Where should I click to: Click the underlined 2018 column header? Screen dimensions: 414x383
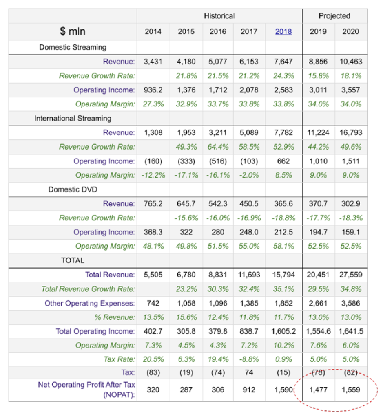pyautogui.click(x=283, y=32)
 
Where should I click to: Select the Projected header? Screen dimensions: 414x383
pyautogui.click(x=334, y=16)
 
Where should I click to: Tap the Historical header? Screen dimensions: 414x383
pyautogui.click(x=219, y=16)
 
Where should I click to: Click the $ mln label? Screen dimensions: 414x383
pyautogui.click(x=73, y=31)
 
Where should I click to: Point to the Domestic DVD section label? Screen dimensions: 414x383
pyautogui.click(x=73, y=189)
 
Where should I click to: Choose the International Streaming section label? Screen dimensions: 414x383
pyautogui.click(x=73, y=119)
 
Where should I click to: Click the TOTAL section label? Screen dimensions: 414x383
pyautogui.click(x=73, y=260)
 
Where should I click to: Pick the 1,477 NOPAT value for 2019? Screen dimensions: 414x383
pyautogui.click(x=318, y=390)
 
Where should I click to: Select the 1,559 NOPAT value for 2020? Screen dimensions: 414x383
pyautogui.click(x=351, y=390)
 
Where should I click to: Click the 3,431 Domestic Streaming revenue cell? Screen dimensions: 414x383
pyautogui.click(x=153, y=62)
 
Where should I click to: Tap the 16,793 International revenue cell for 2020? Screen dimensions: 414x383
pyautogui.click(x=351, y=132)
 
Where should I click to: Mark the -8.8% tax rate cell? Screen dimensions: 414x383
pyautogui.click(x=249, y=359)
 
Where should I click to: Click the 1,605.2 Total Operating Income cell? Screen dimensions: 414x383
pyautogui.click(x=283, y=331)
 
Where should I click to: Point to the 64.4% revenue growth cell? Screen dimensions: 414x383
pyautogui.click(x=218, y=147)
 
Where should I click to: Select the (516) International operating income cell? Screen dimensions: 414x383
pyautogui.click(x=218, y=161)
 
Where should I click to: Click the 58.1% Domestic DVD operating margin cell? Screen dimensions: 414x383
pyautogui.click(x=283, y=246)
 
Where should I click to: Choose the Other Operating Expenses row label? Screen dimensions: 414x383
pyautogui.click(x=89, y=303)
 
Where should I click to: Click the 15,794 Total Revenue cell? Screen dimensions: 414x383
pyautogui.click(x=283, y=275)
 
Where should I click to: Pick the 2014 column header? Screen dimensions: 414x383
pyautogui.click(x=153, y=32)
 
